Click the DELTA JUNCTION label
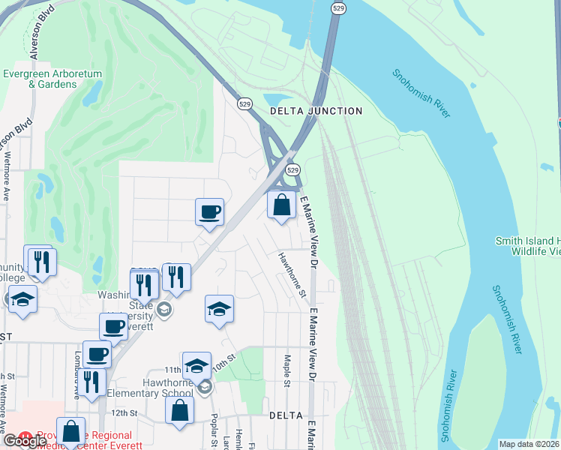point(315,111)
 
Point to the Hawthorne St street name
point(292,274)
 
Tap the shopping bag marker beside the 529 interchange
point(281,204)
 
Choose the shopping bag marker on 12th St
point(179,409)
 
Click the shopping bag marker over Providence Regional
point(70,431)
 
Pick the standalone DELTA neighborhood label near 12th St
point(286,415)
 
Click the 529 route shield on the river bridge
point(339,8)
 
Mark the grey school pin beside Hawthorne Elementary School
point(205,387)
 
